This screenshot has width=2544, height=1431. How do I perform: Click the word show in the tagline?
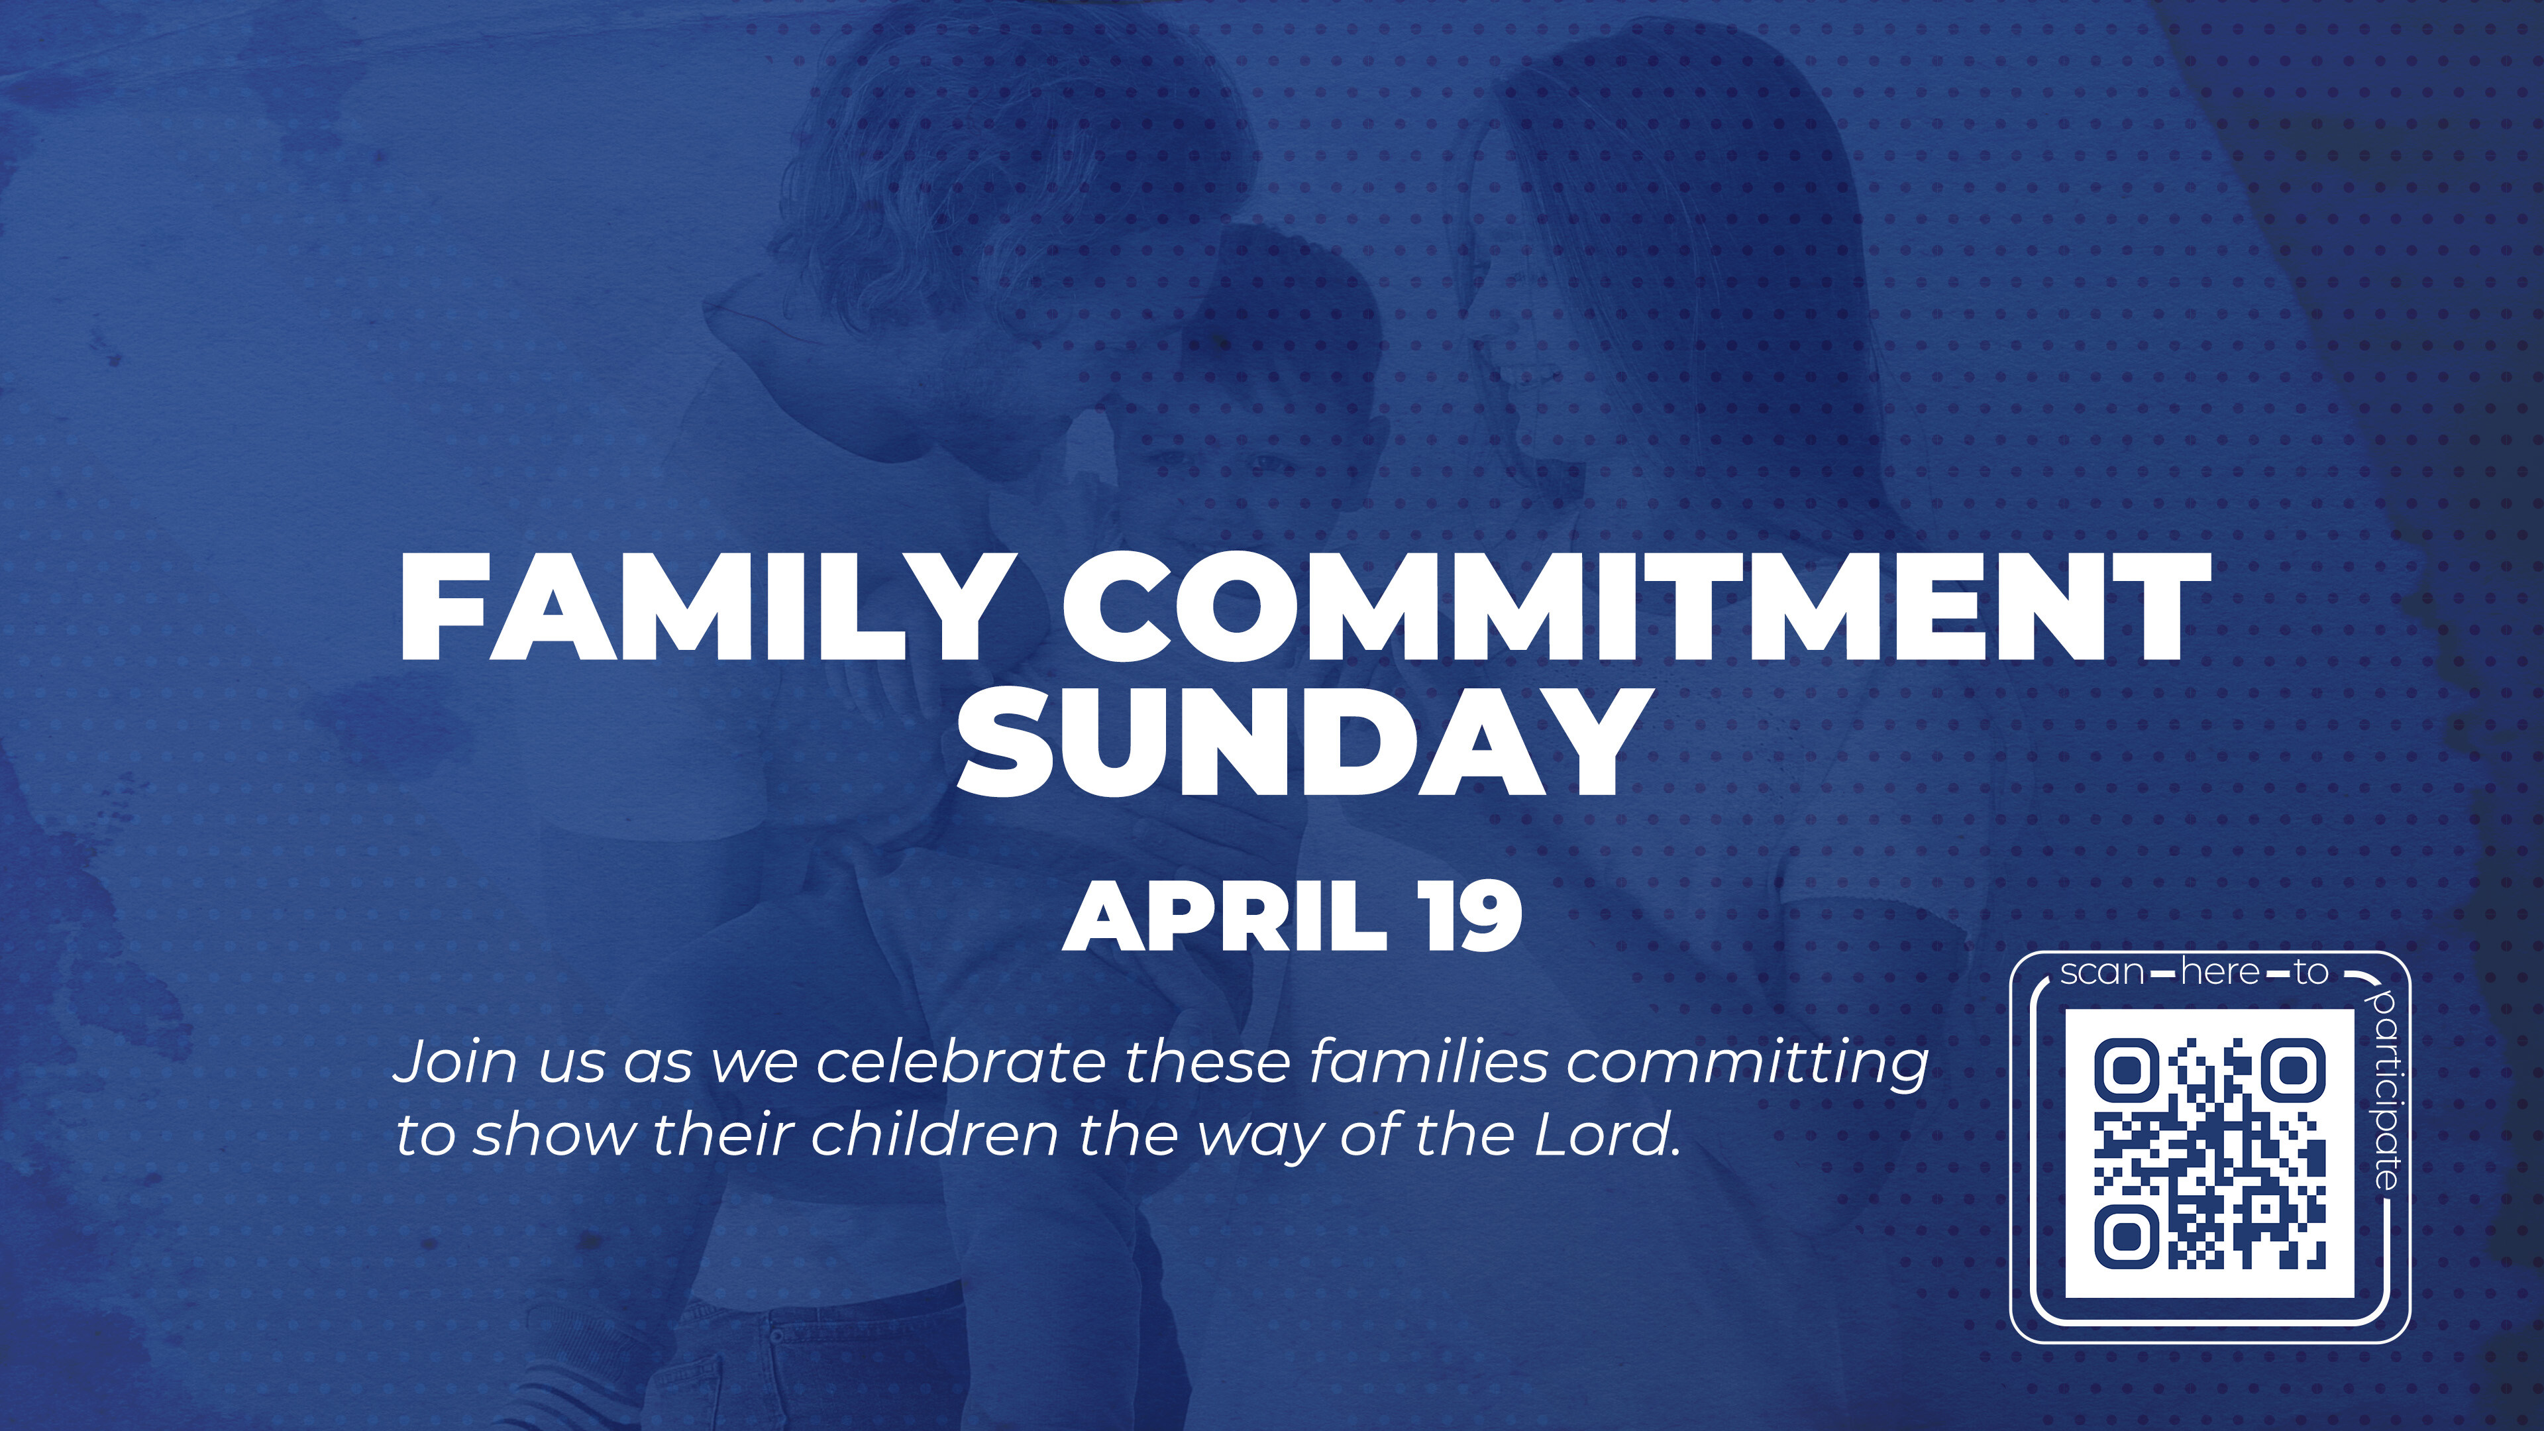point(554,1135)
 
